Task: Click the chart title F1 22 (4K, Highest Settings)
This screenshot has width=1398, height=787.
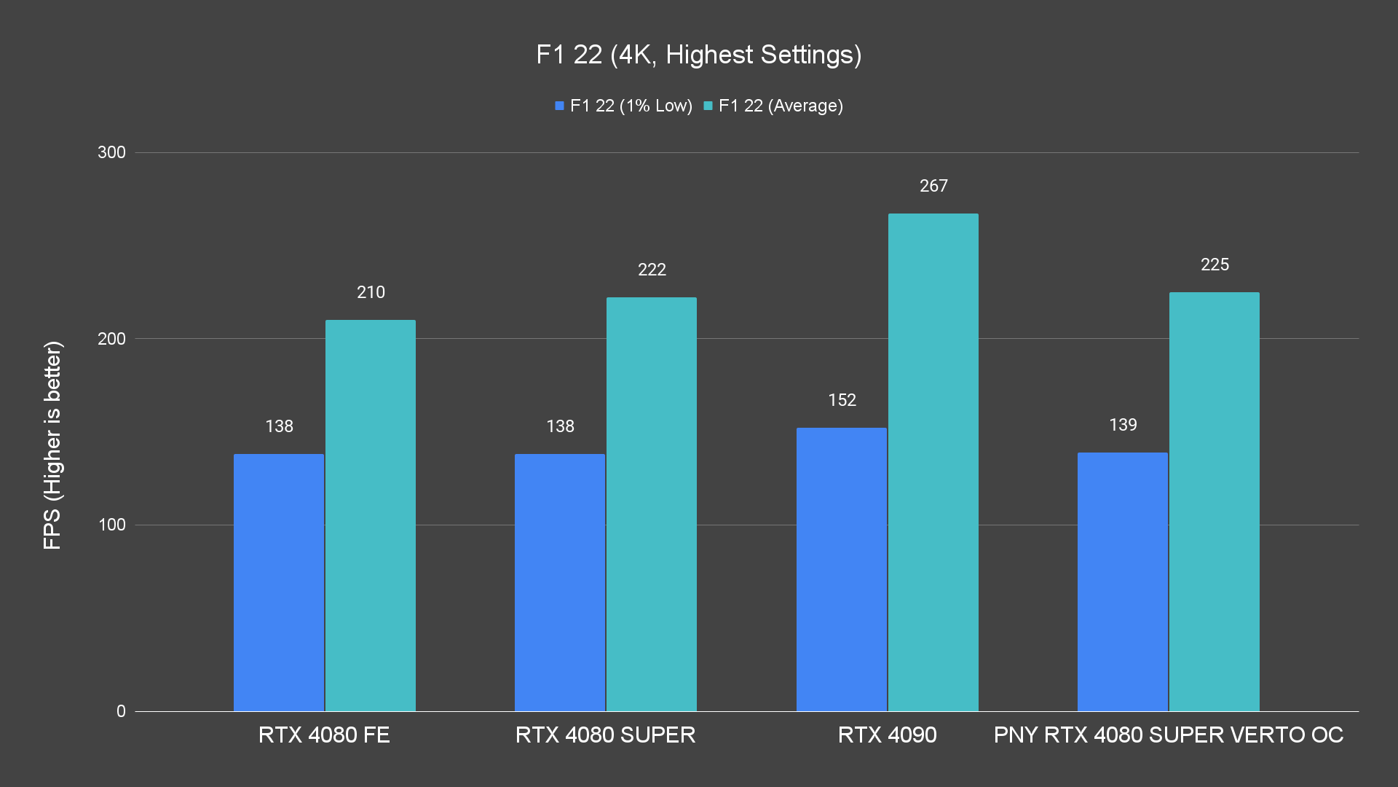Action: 698,55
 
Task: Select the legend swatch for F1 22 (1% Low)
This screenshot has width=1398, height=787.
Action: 559,106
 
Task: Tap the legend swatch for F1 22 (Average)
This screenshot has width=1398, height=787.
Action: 708,106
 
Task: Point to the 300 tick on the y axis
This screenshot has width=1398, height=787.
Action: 111,152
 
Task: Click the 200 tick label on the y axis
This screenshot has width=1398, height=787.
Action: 111,339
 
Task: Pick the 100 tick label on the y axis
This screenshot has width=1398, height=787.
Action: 111,525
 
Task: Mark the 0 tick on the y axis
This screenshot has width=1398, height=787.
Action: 121,711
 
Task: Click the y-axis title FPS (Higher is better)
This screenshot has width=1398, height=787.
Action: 52,445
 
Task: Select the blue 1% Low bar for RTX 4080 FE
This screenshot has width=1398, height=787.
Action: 279,582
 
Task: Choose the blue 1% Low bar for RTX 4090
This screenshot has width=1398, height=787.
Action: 841,569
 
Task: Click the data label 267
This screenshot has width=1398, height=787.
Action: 933,186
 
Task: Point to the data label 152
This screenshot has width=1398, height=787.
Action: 842,400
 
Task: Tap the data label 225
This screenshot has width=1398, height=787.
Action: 1215,265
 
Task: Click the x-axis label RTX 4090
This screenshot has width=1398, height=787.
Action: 887,735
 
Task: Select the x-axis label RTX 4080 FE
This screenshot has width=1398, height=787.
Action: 324,735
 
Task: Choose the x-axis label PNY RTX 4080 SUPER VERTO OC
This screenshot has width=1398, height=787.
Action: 1168,735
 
